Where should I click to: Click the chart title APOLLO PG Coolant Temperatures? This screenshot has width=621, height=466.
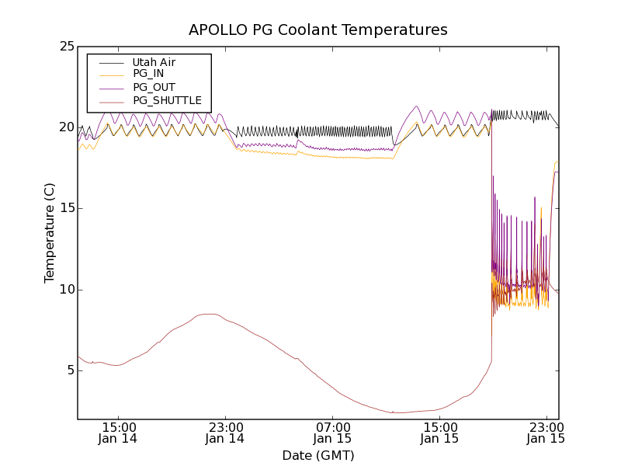coord(318,30)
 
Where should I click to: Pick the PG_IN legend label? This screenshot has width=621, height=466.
coord(148,74)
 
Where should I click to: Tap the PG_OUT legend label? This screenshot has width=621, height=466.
coord(154,87)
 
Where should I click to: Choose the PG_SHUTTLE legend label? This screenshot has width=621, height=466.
coord(167,100)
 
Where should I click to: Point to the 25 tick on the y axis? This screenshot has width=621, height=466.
coord(66,47)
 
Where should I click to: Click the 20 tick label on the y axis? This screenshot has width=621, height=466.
coord(66,127)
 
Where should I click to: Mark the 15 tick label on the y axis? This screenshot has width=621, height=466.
coord(66,208)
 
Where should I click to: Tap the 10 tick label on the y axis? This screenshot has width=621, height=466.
coord(66,290)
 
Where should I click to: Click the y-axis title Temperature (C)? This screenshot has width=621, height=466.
coord(49,233)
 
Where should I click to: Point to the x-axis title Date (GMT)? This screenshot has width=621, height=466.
coord(318,456)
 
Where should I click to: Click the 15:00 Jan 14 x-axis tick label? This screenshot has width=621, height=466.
coord(120,432)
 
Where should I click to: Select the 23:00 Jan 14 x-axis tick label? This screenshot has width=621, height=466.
coord(225,432)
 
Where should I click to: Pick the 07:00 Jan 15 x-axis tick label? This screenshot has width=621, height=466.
coord(332,432)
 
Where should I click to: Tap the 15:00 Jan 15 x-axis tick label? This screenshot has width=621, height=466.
coord(439,432)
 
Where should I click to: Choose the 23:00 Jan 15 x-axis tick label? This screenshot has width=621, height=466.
coord(546,432)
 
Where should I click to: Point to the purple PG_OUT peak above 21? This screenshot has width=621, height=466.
coord(417,106)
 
